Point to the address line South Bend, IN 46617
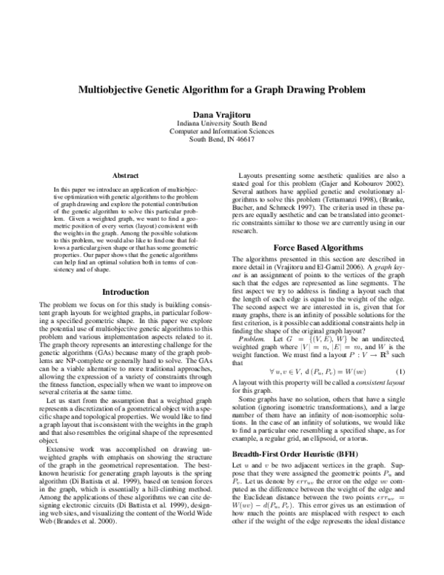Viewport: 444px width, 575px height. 222,139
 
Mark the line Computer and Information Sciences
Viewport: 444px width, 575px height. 222,130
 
